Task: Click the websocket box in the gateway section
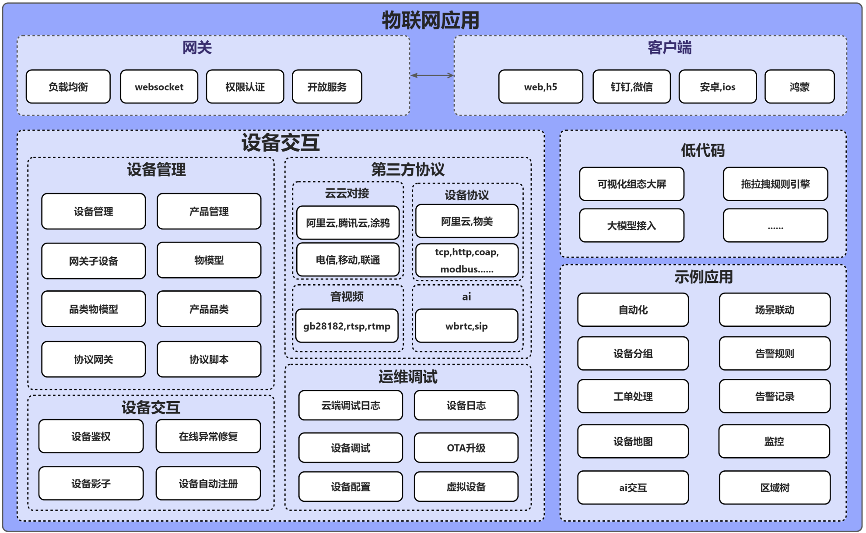click(x=159, y=87)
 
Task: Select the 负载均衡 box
click(x=68, y=87)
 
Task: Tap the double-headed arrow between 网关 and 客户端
click(x=432, y=75)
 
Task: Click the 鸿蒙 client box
click(x=799, y=87)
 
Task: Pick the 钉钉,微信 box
click(x=631, y=87)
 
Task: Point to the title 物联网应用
click(x=431, y=20)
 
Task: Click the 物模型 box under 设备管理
click(x=209, y=260)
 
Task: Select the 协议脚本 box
click(x=209, y=359)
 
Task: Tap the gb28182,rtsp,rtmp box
click(x=347, y=326)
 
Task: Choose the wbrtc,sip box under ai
click(x=466, y=326)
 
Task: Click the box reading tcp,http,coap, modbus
click(x=466, y=261)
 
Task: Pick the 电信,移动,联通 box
click(x=347, y=260)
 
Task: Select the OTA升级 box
click(x=466, y=448)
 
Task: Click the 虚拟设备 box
click(x=466, y=487)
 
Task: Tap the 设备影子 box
click(x=91, y=484)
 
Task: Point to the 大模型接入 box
click(x=631, y=226)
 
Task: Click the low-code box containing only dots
click(x=775, y=226)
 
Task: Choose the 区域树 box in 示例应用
click(x=775, y=487)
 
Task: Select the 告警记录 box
click(x=775, y=396)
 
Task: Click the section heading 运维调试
click(x=408, y=377)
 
